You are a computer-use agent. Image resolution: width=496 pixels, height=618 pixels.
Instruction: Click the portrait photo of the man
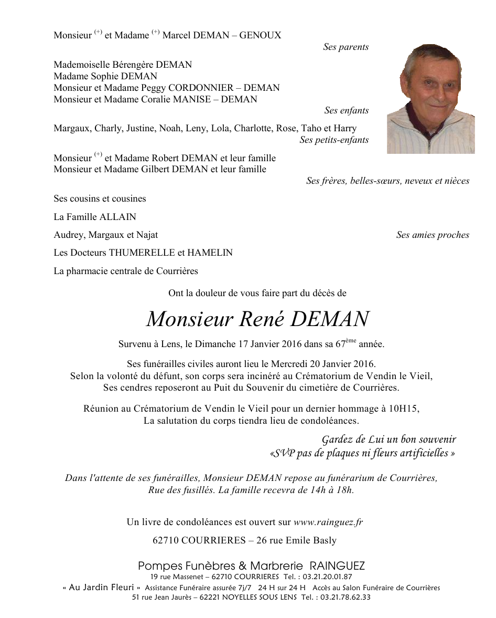click(x=430, y=99)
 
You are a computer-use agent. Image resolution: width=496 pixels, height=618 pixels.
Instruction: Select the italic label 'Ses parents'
click(x=346, y=47)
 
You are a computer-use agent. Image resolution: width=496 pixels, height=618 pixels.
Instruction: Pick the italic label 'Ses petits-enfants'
click(x=334, y=140)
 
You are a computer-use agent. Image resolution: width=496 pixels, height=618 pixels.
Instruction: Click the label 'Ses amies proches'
click(x=433, y=235)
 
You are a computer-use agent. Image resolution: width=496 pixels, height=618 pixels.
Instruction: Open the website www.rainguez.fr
click(x=328, y=522)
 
